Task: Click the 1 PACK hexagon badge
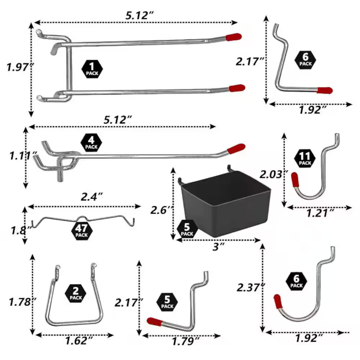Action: (x=92, y=69)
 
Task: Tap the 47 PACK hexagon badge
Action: (x=81, y=231)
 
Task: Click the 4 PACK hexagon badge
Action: (x=91, y=143)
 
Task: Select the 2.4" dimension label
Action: (x=90, y=197)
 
